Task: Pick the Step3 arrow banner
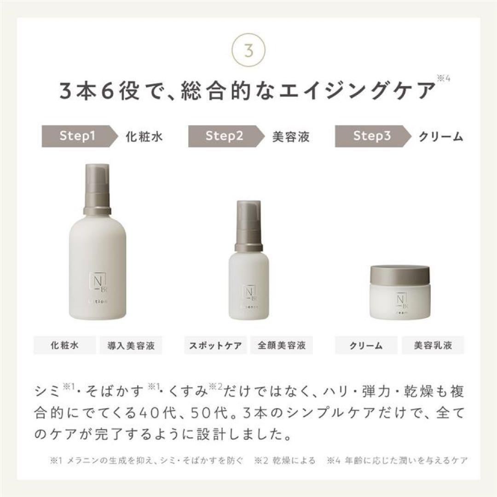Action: pos(371,136)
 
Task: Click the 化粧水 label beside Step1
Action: pos(144,136)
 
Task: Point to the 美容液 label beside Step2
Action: pos(291,136)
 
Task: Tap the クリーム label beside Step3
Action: pos(440,136)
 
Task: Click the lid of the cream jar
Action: pos(400,276)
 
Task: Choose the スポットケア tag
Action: pos(215,345)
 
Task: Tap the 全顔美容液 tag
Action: pos(282,345)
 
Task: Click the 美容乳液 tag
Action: pos(433,345)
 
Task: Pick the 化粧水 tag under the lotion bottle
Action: pos(65,345)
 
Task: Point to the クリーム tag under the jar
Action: pos(366,345)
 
